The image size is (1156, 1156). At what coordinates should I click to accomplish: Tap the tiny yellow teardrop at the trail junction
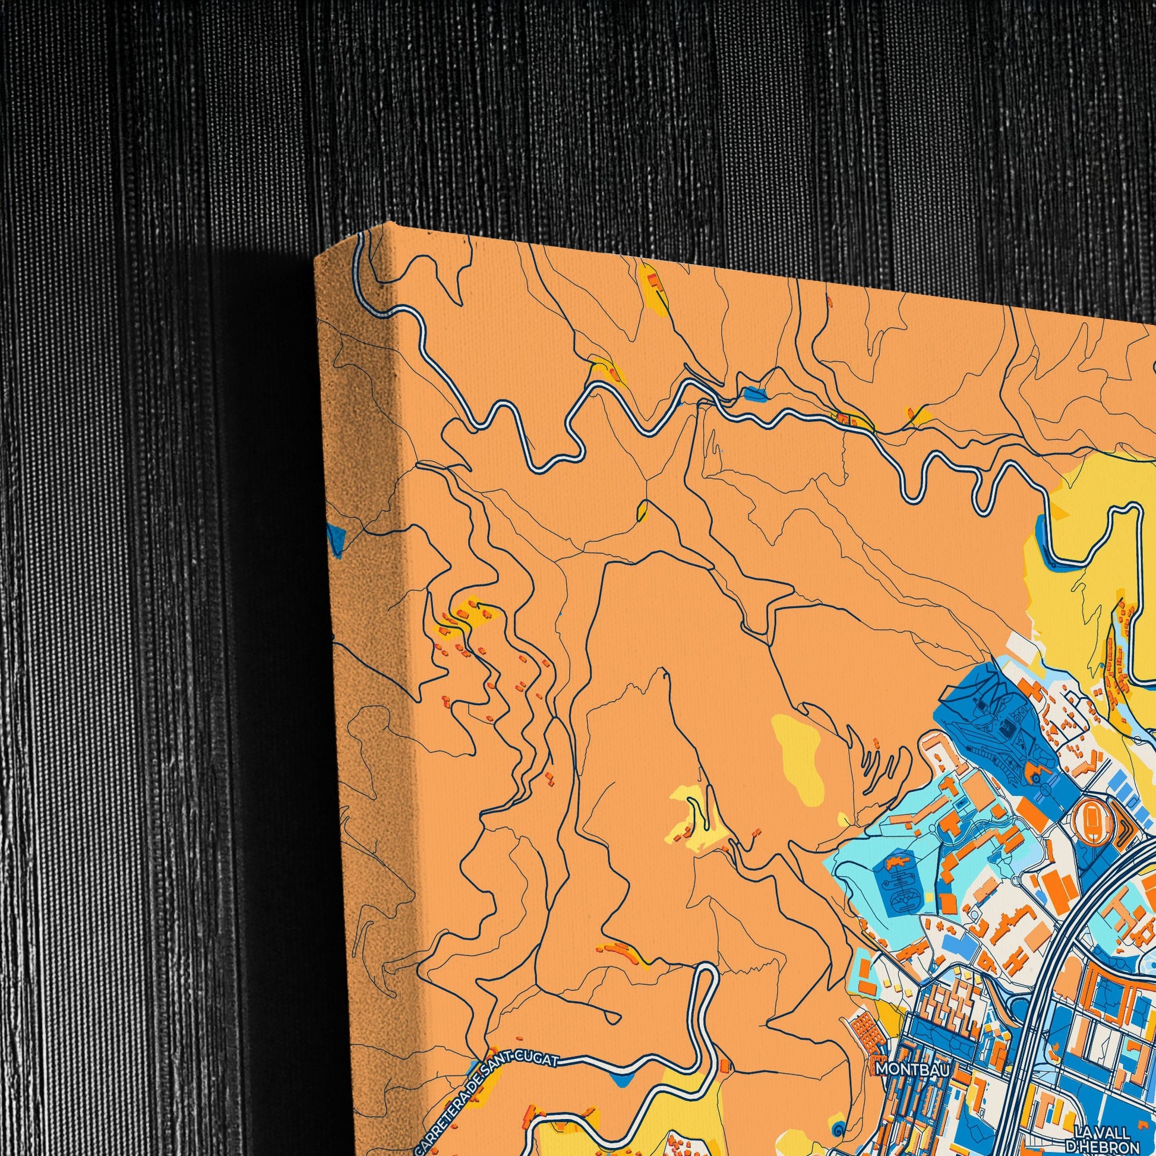coord(642,510)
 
